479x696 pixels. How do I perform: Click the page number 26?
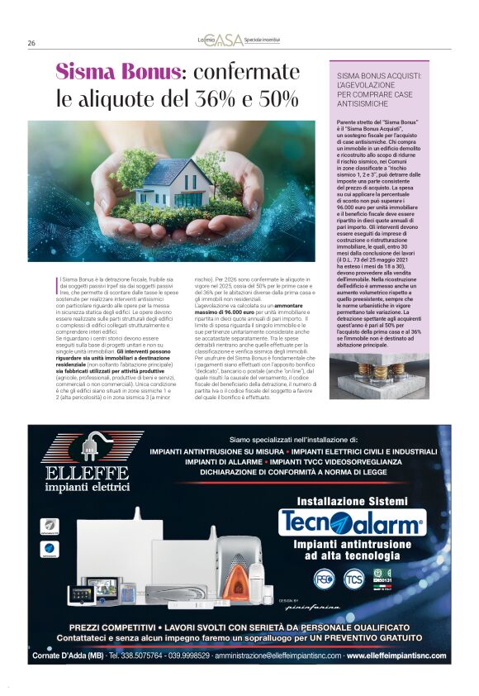tap(31, 43)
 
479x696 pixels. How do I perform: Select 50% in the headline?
tap(277, 100)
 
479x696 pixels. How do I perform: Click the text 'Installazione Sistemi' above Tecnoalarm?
tap(352, 501)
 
